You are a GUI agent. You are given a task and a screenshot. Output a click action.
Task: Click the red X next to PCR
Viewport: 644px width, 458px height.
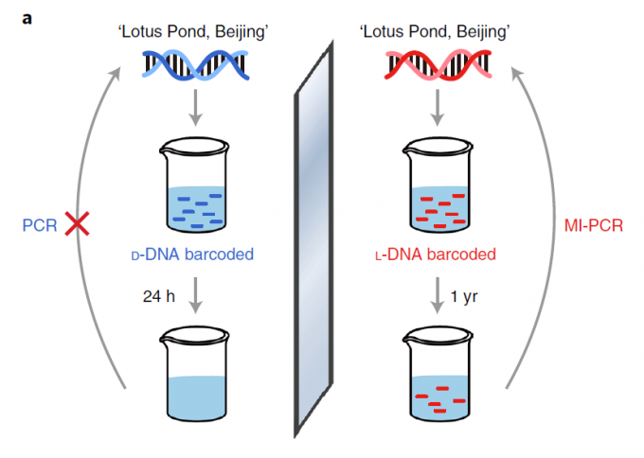tap(78, 224)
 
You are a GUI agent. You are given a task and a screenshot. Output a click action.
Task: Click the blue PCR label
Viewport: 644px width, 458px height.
tap(41, 225)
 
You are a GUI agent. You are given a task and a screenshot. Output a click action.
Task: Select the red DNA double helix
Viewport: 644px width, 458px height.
tap(437, 64)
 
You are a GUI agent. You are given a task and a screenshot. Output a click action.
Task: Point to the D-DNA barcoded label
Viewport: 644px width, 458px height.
tap(194, 255)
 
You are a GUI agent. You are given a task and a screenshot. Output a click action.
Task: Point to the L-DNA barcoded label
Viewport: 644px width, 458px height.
tap(438, 255)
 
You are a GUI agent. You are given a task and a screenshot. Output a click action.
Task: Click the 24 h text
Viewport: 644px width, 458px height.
tap(158, 295)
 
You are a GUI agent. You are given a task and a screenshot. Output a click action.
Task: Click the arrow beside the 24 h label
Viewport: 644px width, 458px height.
tap(195, 295)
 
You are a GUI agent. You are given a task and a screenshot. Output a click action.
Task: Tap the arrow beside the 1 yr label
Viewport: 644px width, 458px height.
tap(438, 295)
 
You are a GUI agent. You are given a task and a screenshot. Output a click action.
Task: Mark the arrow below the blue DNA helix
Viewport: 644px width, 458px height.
tap(195, 108)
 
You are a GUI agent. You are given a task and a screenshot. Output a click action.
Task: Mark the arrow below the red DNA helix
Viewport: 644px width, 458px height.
tap(438, 108)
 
